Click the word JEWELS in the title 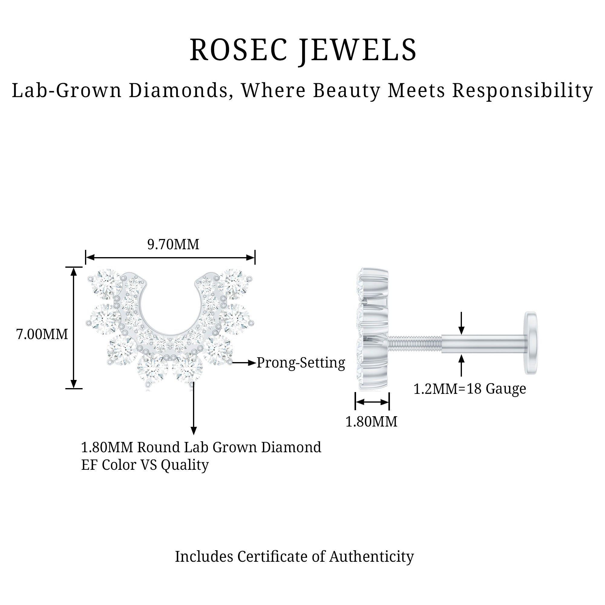tap(358, 50)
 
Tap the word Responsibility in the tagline tap(522, 91)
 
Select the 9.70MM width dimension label tap(173, 244)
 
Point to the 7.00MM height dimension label tap(42, 335)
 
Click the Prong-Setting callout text tap(301, 363)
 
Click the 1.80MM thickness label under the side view tap(371, 422)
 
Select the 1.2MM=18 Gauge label tap(470, 389)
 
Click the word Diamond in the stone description tap(291, 447)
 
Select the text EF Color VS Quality tap(145, 465)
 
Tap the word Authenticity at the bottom tap(371, 557)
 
